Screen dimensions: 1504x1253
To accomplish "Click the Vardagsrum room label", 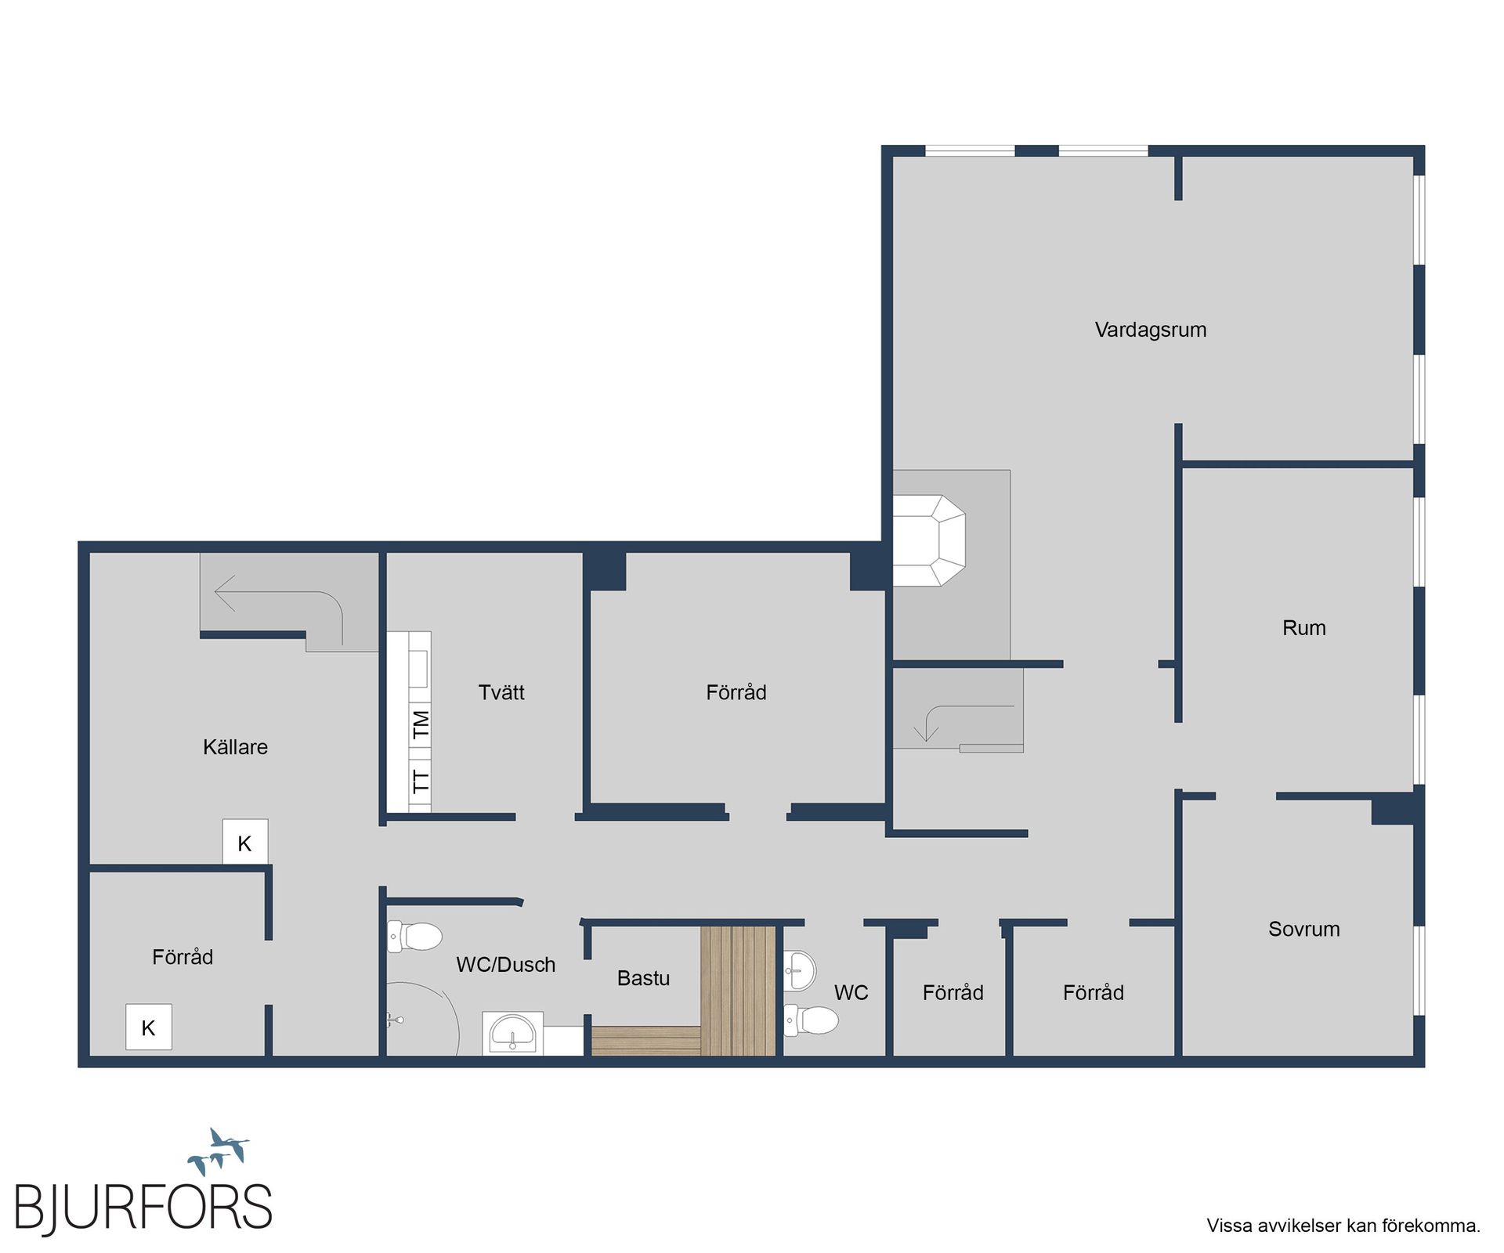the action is point(1150,330).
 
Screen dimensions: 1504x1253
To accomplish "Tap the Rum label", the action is point(1303,627).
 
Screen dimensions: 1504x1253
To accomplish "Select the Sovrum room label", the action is point(1303,929).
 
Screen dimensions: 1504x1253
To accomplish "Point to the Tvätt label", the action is point(501,691).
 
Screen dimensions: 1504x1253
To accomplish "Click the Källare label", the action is point(235,746).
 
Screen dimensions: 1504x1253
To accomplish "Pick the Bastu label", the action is point(643,977).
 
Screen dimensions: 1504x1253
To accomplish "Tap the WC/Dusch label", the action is point(505,964).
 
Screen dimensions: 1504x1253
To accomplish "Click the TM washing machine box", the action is point(421,724).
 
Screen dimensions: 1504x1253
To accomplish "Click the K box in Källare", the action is point(245,842).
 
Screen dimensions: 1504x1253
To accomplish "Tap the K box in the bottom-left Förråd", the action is point(149,1027).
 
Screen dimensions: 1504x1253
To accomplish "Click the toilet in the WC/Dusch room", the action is point(414,936).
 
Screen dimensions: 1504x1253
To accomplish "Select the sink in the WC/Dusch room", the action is point(512,1034).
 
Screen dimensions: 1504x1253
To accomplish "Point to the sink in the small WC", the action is point(800,970).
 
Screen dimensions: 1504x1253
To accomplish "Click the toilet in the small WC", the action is point(811,1020).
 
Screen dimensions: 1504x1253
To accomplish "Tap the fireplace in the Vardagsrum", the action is point(929,540).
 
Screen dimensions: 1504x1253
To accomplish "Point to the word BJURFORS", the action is point(143,1208).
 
